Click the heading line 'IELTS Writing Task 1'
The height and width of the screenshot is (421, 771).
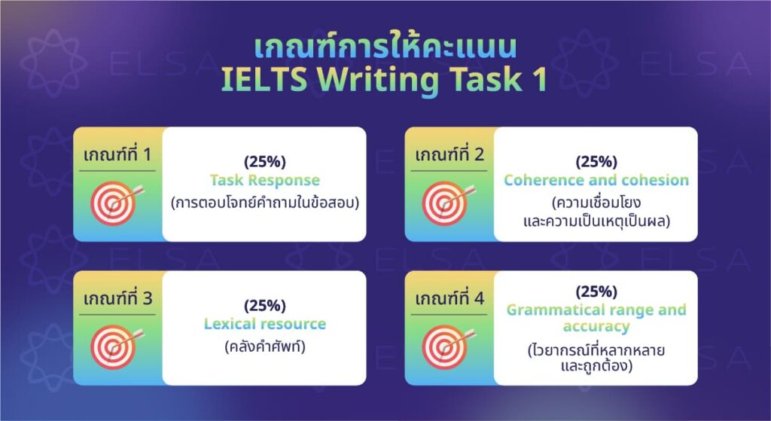click(385, 81)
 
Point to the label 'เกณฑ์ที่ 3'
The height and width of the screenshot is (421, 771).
click(117, 298)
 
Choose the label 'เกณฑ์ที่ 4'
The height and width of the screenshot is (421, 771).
click(448, 298)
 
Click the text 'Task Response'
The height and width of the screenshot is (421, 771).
click(264, 181)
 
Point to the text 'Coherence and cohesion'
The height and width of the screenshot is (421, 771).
click(596, 181)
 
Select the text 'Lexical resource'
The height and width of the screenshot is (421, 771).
click(264, 325)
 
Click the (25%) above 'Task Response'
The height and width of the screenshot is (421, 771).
click(264, 162)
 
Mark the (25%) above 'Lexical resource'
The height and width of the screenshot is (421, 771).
click(264, 306)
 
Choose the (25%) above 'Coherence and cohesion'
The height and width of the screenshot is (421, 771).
click(596, 162)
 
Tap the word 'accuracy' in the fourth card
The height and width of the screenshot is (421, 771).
click(596, 327)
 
